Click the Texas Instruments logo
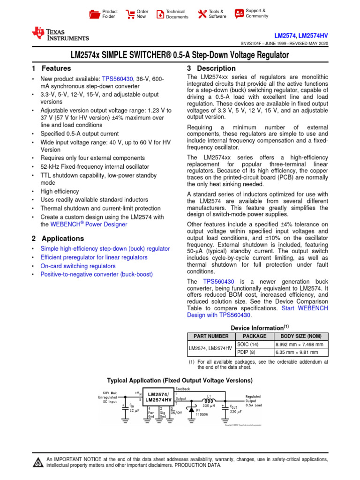tap(60, 33)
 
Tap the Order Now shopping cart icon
tap(130, 14)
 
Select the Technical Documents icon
tap(160, 14)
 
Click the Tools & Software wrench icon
tap(202, 14)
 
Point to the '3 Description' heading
tap(205, 68)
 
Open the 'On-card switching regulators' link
tap(78, 266)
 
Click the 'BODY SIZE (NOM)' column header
tap(301, 336)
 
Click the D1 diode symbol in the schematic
tap(192, 409)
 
